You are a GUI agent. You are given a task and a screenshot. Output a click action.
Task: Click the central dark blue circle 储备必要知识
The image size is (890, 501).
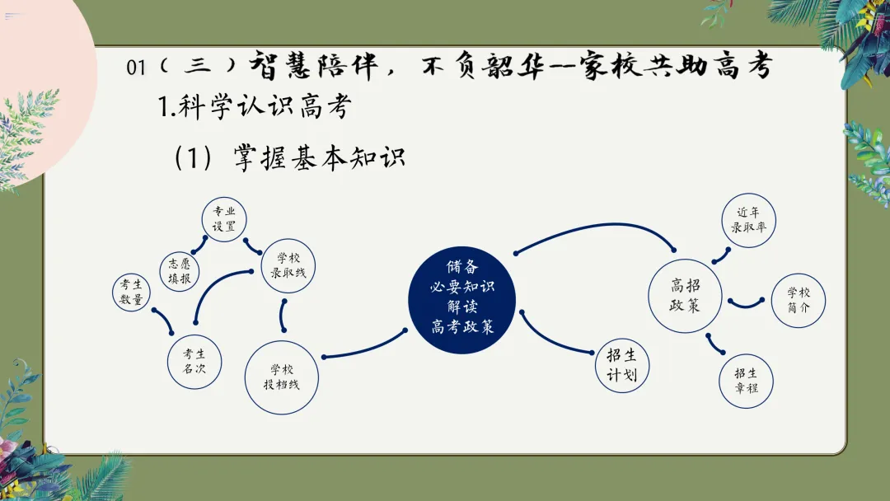462,297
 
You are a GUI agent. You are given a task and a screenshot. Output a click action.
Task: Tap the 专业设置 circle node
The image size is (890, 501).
224,218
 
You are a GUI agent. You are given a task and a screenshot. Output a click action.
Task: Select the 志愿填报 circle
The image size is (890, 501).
180,271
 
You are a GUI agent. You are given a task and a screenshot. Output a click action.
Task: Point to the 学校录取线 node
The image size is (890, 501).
288,265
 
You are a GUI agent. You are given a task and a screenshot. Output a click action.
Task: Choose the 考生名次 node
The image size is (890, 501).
194,362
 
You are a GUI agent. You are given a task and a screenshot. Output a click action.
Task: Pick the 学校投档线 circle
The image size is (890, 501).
282,377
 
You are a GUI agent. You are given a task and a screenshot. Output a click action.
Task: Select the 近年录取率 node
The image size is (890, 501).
749,220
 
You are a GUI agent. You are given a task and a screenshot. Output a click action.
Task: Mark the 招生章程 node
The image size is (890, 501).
746,381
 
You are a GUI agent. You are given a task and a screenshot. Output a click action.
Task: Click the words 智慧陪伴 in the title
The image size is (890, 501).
311,66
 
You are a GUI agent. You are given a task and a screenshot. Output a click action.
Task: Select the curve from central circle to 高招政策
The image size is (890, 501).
593,227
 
